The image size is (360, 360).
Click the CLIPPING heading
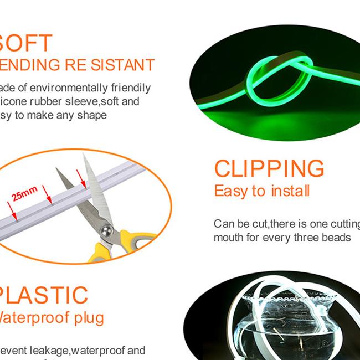point(269,169)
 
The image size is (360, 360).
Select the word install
point(290,192)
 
